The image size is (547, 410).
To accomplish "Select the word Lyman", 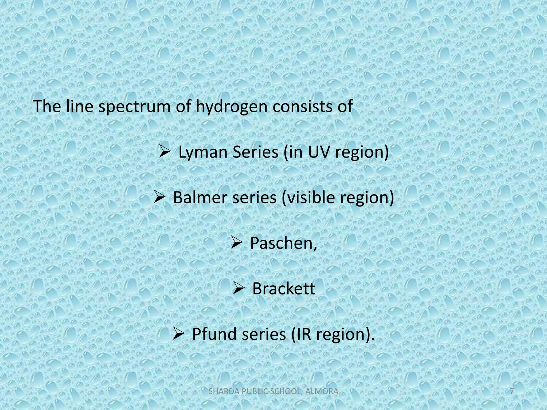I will (x=202, y=152).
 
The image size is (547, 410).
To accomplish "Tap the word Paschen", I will (x=283, y=243).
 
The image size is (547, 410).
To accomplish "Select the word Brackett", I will (x=284, y=289).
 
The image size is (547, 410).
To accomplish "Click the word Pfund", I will (x=215, y=334).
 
